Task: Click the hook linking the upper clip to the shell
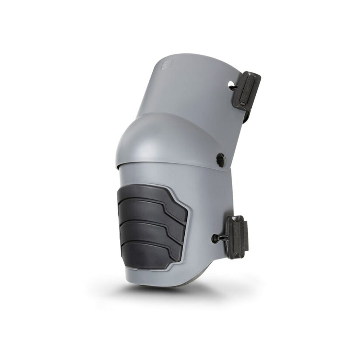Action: click(234, 87)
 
